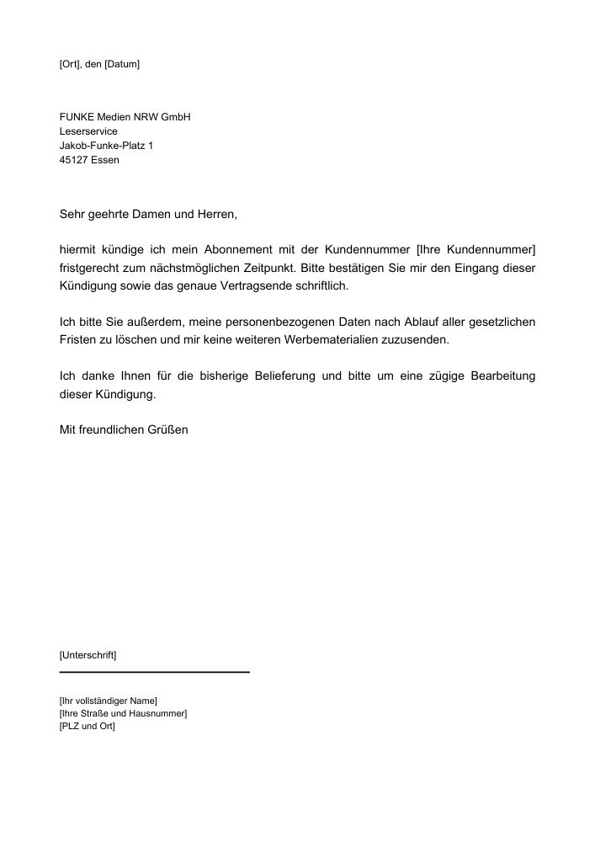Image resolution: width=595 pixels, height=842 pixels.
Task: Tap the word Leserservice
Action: pos(88,131)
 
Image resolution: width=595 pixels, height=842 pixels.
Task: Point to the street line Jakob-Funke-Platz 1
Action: pos(106,146)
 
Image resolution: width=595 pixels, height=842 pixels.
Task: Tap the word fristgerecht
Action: pos(90,268)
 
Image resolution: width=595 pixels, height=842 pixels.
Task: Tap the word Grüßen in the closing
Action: pos(168,429)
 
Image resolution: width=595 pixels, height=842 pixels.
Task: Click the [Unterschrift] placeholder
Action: pos(88,654)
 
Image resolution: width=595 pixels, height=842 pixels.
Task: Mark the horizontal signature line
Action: pos(155,672)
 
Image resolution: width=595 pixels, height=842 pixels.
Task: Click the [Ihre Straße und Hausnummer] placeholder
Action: pos(123,713)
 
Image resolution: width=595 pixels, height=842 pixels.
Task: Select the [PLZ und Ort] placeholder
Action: pos(88,726)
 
